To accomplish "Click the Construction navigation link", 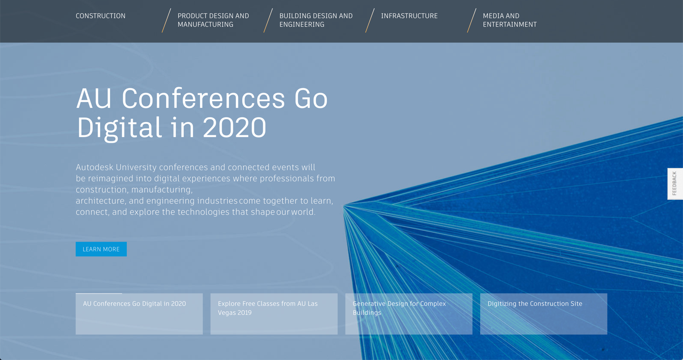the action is pos(101,16).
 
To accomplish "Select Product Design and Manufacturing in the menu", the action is pos(213,20).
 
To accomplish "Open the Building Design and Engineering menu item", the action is pos(316,20).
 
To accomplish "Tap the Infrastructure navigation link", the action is pos(409,16).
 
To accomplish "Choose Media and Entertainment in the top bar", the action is pos(509,20).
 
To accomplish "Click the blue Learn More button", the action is pos(101,249).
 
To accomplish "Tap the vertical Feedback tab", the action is pos(675,184).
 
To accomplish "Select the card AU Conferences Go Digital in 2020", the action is pos(139,314).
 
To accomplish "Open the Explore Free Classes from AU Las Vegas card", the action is pos(274,314).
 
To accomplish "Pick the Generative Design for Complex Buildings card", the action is pos(409,314).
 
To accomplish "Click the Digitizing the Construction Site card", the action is pos(544,314).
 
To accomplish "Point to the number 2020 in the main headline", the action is pos(235,128).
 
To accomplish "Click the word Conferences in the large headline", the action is pos(203,98).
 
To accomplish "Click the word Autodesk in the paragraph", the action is pos(94,168).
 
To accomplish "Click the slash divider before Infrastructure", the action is pos(370,21).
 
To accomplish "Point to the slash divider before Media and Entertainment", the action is pos(472,21).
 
